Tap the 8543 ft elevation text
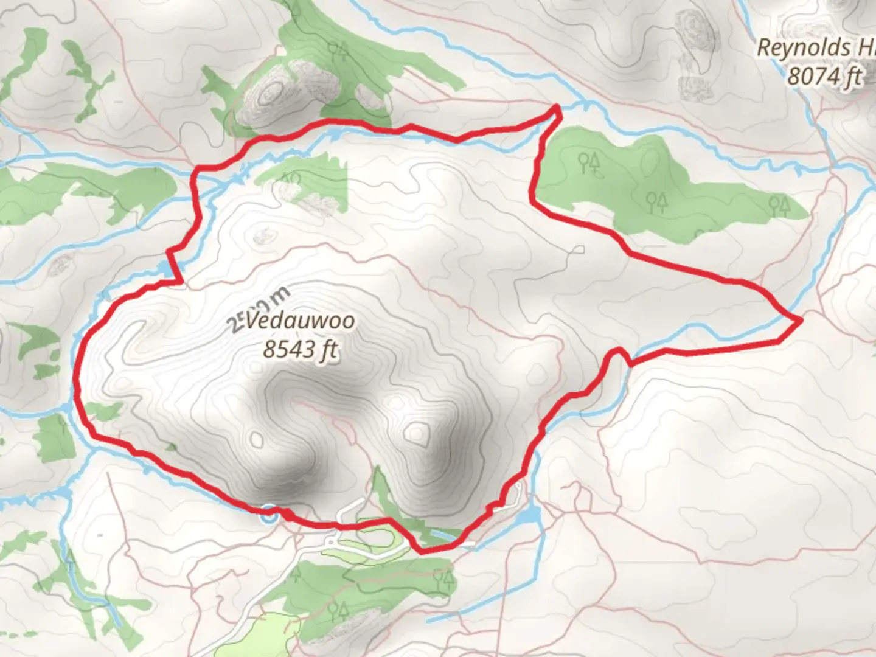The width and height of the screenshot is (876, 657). pyautogui.click(x=300, y=349)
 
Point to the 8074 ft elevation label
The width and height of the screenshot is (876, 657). pyautogui.click(x=825, y=77)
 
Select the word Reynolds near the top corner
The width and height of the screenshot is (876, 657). pyautogui.click(x=803, y=47)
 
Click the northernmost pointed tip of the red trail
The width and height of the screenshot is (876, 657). pyautogui.click(x=557, y=108)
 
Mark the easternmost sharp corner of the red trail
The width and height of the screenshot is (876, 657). pyautogui.click(x=801, y=319)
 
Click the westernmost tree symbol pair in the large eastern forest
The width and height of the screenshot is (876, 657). pyautogui.click(x=589, y=162)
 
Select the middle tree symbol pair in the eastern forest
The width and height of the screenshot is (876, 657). pyautogui.click(x=657, y=201)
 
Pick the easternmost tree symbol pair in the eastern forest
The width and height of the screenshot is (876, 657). pyautogui.click(x=779, y=205)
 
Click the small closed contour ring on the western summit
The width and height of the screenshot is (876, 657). pyautogui.click(x=257, y=439)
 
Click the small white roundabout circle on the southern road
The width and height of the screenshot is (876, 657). pyautogui.click(x=331, y=541)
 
